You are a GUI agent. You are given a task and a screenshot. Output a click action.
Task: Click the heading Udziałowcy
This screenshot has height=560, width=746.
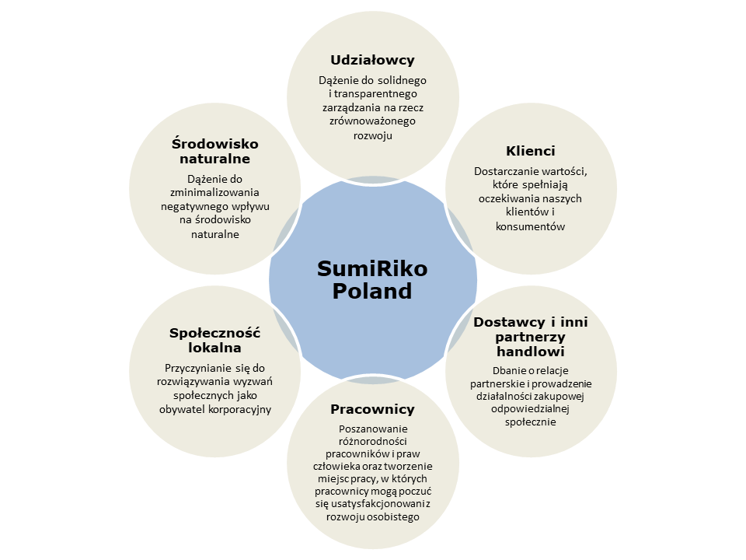pos(372,60)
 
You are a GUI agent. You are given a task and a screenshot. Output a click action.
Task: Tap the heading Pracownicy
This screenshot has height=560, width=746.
pos(372,409)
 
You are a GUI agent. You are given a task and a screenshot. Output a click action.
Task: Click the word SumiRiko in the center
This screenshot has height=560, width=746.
pos(372,269)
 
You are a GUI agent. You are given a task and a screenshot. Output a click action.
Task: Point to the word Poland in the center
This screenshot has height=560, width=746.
pos(372,292)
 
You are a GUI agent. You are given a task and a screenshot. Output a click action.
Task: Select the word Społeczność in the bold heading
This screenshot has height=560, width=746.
pos(214,333)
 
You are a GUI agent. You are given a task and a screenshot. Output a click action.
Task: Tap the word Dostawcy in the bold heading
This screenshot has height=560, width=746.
pos(505,321)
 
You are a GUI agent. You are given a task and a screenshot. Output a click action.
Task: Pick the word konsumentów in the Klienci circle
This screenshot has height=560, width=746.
pos(530,226)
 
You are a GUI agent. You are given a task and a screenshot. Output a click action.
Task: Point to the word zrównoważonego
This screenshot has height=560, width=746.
pos(372,121)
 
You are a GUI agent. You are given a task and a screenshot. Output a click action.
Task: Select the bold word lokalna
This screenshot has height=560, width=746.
pos(214,348)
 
